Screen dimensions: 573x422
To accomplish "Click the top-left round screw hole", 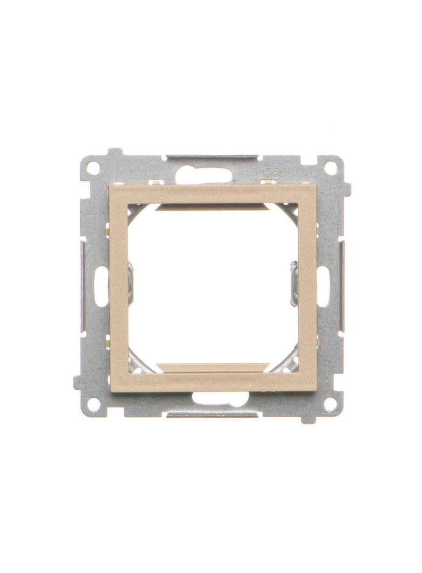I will pyautogui.click(x=93, y=168).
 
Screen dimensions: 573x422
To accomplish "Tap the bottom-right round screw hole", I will pyautogui.click(x=330, y=403).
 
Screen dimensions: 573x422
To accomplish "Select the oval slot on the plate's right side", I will pyautogui.click(x=323, y=286).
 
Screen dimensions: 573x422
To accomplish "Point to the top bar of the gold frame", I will pyautogui.click(x=213, y=194).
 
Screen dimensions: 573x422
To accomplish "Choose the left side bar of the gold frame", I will pyautogui.click(x=118, y=288).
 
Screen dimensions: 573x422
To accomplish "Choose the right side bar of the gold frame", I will pyautogui.click(x=307, y=288).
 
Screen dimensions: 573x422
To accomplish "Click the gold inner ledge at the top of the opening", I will pyautogui.click(x=213, y=206).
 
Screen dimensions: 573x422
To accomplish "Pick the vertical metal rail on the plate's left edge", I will pyautogui.click(x=82, y=285).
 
